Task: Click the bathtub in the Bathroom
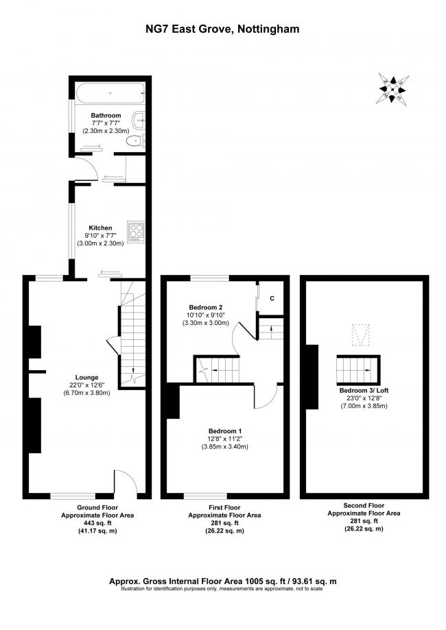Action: click(x=110, y=93)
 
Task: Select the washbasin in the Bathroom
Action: click(x=139, y=120)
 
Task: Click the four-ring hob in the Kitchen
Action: click(x=136, y=232)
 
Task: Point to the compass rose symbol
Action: click(x=392, y=89)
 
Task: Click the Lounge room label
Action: click(x=87, y=377)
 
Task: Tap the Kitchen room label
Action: click(x=101, y=228)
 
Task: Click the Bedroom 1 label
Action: click(x=225, y=431)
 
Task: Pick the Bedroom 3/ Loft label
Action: click(x=364, y=390)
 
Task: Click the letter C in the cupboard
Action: click(x=272, y=298)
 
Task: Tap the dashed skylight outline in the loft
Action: click(x=360, y=335)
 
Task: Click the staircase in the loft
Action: click(x=358, y=369)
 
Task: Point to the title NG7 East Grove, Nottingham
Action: click(x=222, y=29)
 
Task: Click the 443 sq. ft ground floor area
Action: click(x=97, y=523)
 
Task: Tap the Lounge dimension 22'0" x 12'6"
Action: click(x=87, y=385)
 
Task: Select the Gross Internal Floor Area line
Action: click(x=223, y=581)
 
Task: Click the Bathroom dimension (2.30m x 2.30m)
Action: click(x=106, y=130)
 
